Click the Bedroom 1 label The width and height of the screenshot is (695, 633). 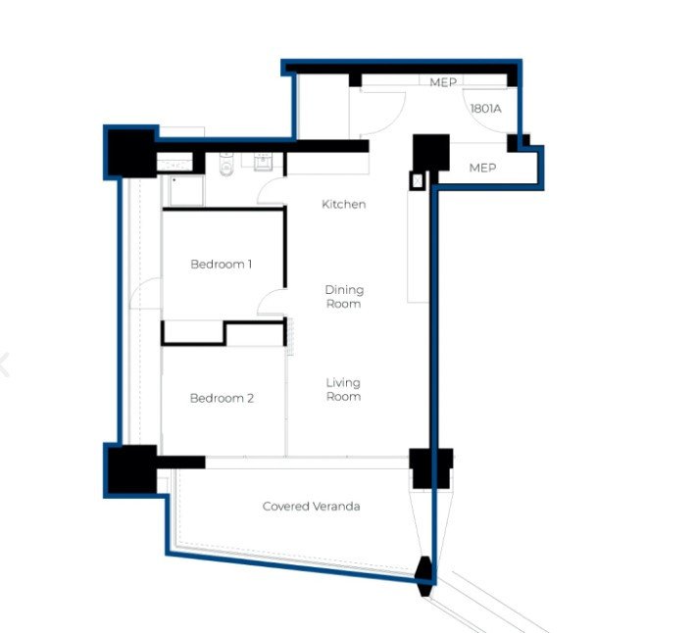pos(222,264)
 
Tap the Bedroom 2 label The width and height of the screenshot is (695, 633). pos(222,398)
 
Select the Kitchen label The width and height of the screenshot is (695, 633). pos(343,204)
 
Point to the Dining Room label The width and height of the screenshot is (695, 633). pos(344,296)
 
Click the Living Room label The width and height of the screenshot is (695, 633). pos(343,389)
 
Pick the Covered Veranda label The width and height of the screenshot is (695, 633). pos(311,507)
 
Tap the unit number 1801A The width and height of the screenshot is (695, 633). pos(486,109)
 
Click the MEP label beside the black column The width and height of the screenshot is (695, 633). pos(482,168)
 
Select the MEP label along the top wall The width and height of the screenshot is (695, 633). pos(443,82)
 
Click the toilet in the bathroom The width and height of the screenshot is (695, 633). pos(226,165)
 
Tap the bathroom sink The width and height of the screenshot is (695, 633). pos(263,162)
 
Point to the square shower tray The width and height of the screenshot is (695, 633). pos(186,190)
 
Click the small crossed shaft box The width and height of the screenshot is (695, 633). pos(417,180)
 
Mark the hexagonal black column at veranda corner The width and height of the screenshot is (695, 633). pos(424,576)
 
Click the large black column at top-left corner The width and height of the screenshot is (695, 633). pos(131,153)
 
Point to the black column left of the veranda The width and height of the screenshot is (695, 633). pos(132,469)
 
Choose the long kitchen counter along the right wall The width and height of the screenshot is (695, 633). pos(418,247)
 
